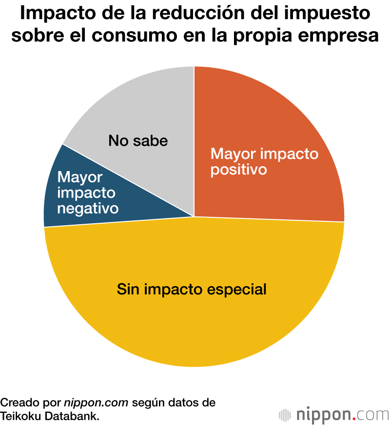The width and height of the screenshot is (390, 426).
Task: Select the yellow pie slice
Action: (x=195, y=322)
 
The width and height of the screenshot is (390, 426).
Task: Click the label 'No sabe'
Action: (x=138, y=141)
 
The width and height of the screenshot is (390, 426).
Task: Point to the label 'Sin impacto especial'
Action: (x=192, y=289)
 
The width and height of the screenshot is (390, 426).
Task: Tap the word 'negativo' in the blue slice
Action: (x=88, y=208)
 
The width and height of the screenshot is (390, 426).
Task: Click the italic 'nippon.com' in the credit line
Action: (x=96, y=403)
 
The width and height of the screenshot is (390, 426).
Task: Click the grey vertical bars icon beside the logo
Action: (x=284, y=415)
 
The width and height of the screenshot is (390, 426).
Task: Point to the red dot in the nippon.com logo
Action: (x=354, y=419)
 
